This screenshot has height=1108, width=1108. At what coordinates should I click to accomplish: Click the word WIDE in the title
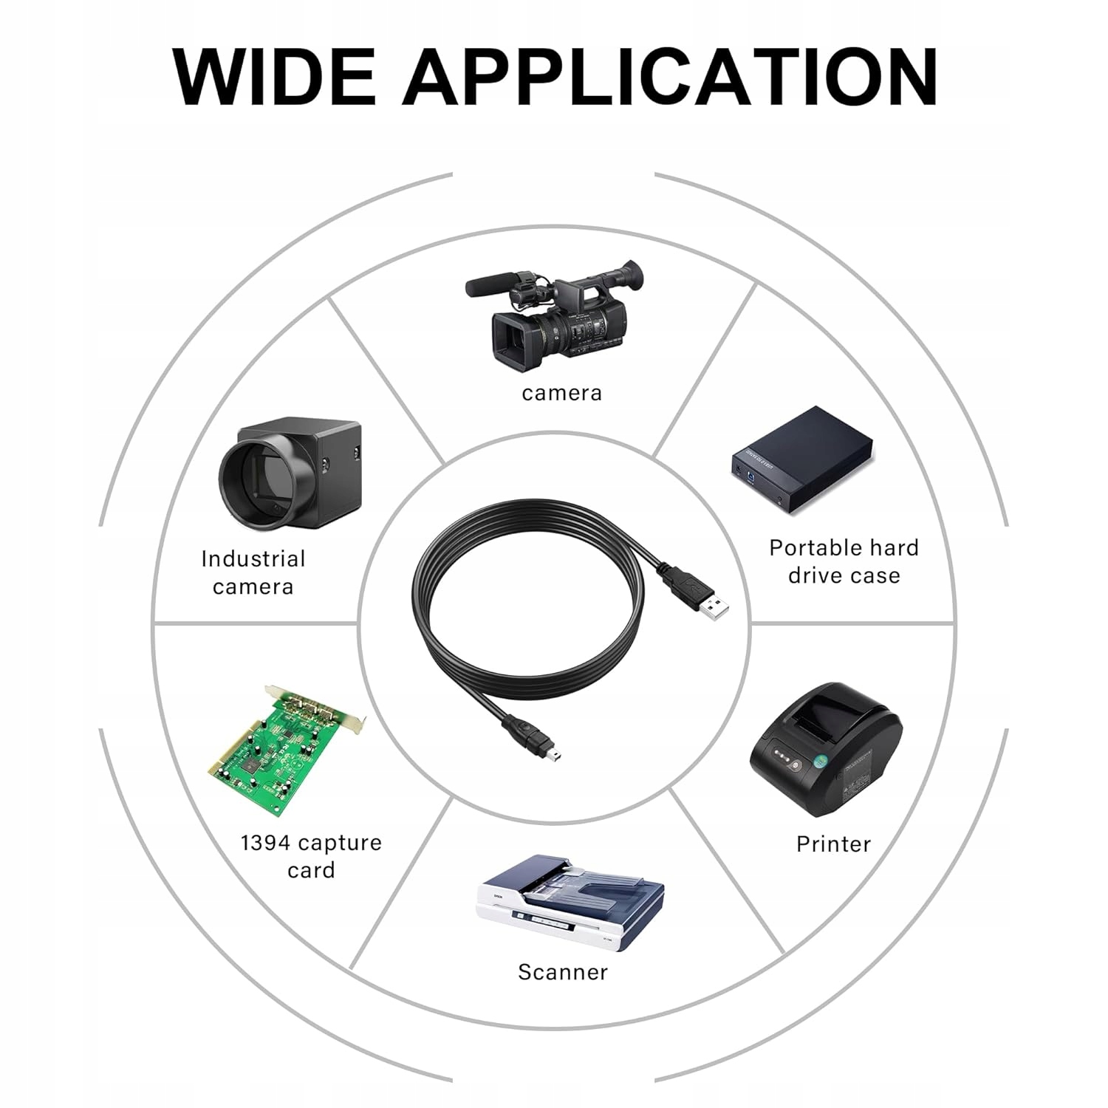coord(274,77)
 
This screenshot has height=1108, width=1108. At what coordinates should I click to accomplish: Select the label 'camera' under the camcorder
coord(561,393)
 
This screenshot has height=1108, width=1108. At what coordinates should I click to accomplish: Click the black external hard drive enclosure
coord(801,459)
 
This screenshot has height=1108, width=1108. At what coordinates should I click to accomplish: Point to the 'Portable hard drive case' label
coord(844,561)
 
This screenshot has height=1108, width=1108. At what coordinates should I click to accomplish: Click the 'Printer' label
coord(833,844)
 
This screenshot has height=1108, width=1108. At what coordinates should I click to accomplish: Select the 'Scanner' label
coord(563,972)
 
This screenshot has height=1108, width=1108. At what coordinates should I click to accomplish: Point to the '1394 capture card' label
coord(311,856)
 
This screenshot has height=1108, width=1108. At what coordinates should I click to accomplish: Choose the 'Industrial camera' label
coord(253,572)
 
